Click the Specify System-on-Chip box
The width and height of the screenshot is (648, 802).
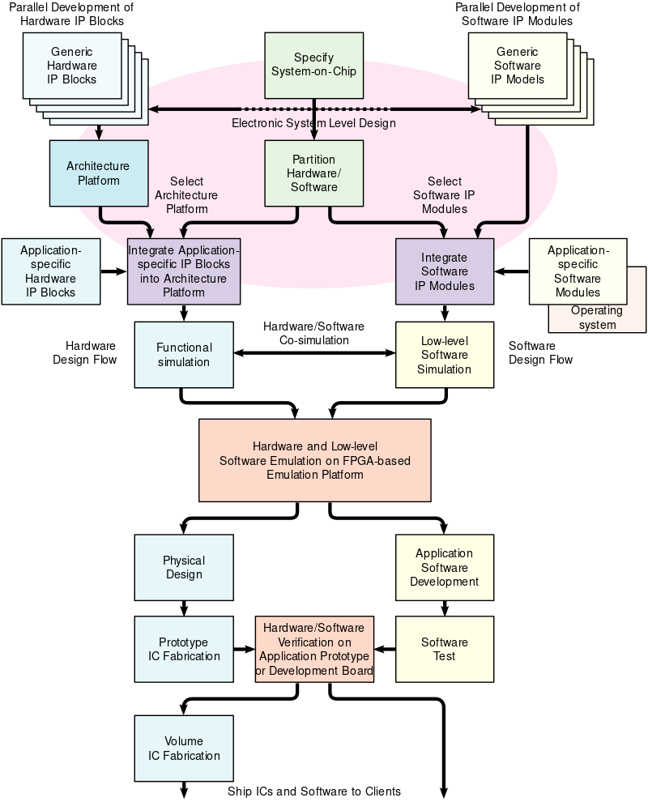pyautogui.click(x=314, y=66)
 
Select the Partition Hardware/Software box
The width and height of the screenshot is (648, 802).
pyautogui.click(x=313, y=173)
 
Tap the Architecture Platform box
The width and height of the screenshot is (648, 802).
pyautogui.click(x=99, y=173)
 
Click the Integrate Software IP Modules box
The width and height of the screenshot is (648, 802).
pyautogui.click(x=444, y=271)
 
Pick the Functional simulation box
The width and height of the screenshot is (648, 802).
pyautogui.click(x=184, y=355)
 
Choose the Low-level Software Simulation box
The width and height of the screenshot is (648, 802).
pyautogui.click(x=444, y=355)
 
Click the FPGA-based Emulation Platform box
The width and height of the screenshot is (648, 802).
pyautogui.click(x=314, y=460)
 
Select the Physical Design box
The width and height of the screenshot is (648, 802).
pyautogui.click(x=184, y=567)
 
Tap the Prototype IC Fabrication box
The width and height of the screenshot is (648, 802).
pyautogui.click(x=184, y=649)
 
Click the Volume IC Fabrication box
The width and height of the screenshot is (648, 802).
pyautogui.click(x=184, y=749)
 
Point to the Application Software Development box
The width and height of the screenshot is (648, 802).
pyautogui.click(x=444, y=567)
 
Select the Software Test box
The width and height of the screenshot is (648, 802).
pyautogui.click(x=444, y=649)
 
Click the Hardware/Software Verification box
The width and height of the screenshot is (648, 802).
pyautogui.click(x=314, y=649)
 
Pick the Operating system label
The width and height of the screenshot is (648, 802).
pyautogui.click(x=597, y=318)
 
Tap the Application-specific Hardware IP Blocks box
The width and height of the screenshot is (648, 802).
pyautogui.click(x=51, y=271)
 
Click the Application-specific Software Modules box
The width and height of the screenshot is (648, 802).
pyautogui.click(x=578, y=271)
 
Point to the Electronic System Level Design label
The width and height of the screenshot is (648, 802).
pyautogui.click(x=313, y=123)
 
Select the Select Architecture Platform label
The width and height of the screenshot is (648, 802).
pyautogui.click(x=185, y=195)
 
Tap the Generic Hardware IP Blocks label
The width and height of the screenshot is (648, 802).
pyautogui.click(x=73, y=66)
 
